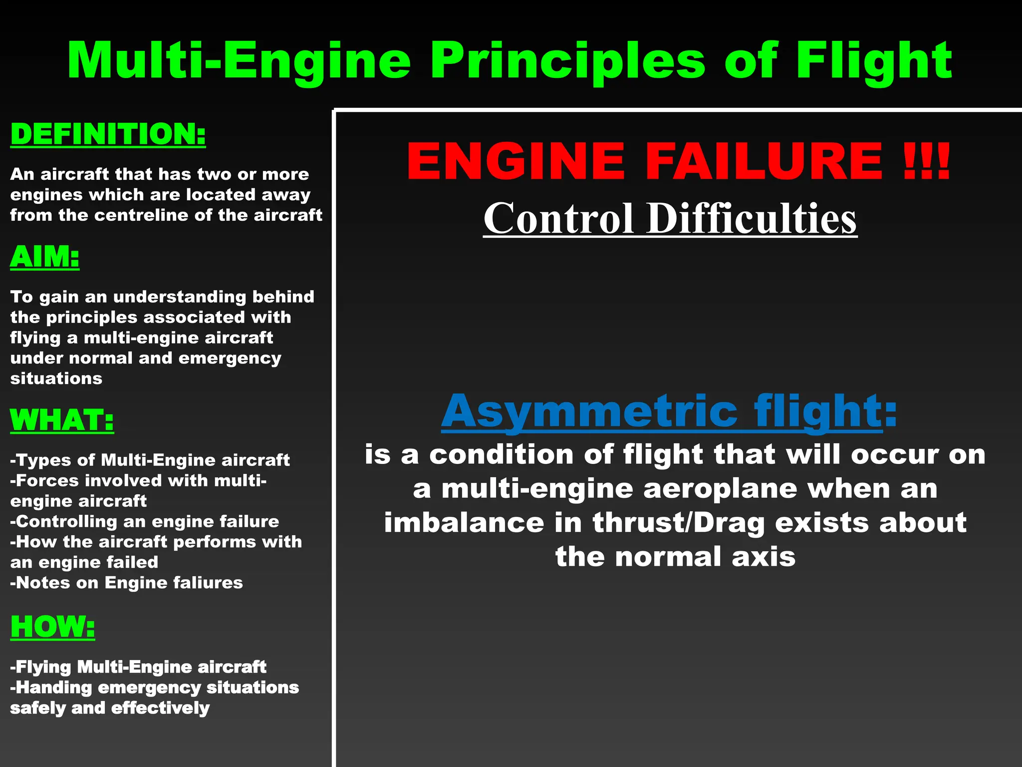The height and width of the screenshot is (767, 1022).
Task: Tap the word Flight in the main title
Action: (x=873, y=61)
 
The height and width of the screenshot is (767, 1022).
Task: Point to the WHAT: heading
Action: (x=62, y=420)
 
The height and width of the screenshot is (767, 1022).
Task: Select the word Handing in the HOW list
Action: (x=54, y=688)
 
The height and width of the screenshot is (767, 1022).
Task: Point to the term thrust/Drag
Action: (x=679, y=523)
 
